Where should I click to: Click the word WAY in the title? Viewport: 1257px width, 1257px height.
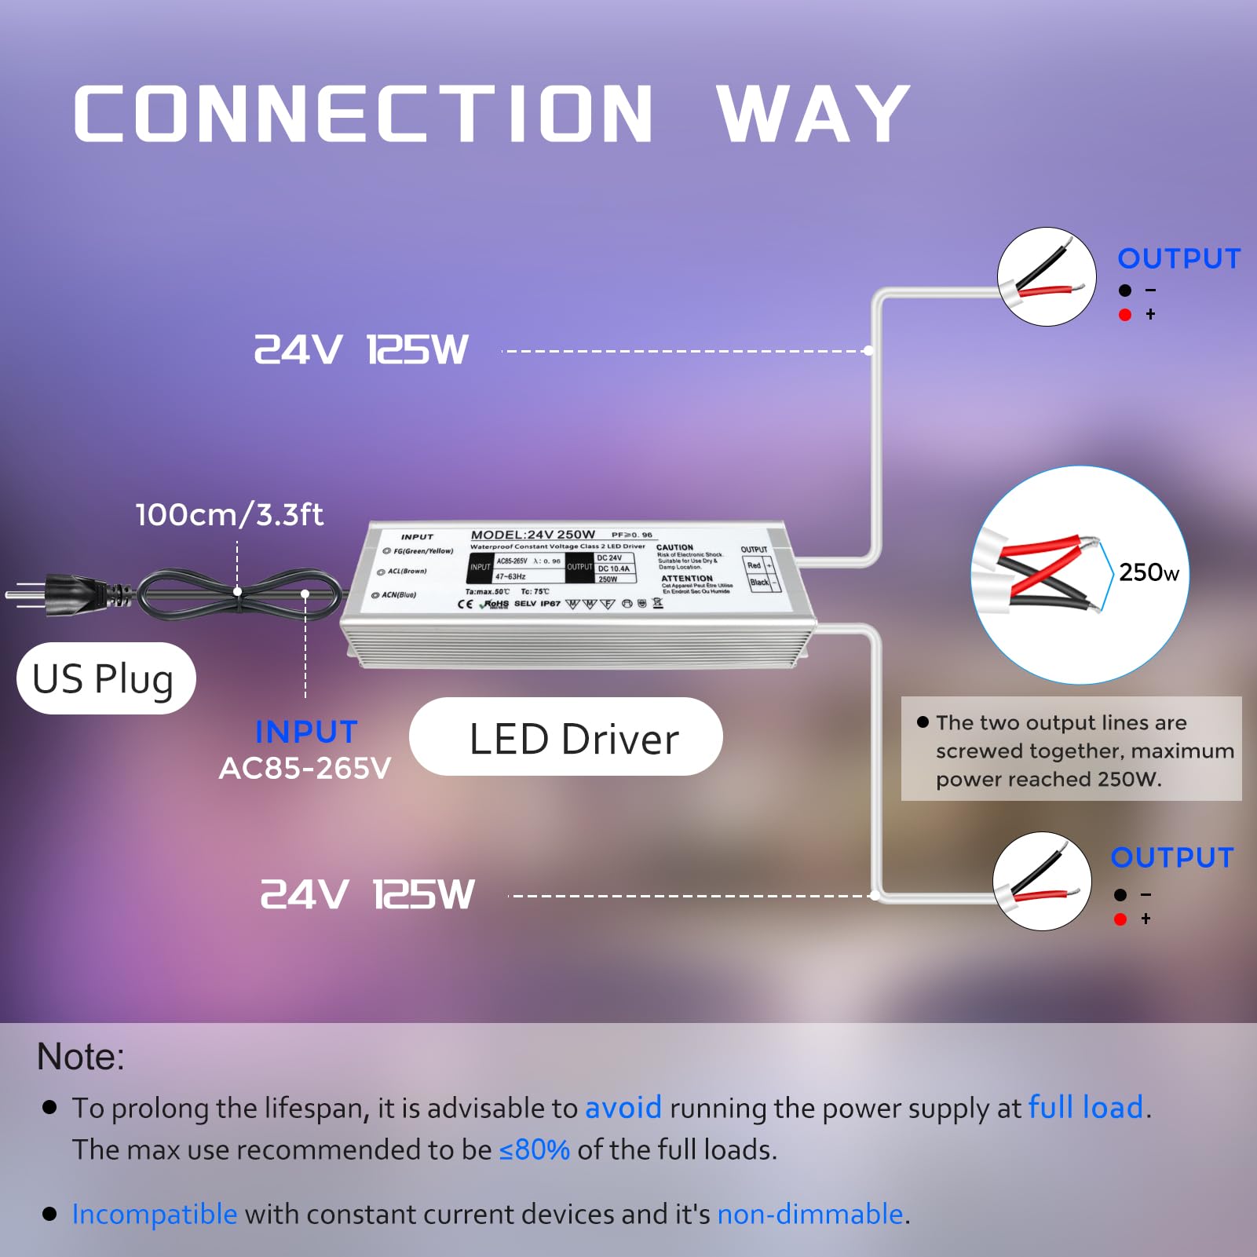[x=813, y=115]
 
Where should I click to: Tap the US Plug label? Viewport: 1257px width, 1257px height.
[x=104, y=679]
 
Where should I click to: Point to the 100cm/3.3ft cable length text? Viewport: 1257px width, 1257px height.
[x=229, y=515]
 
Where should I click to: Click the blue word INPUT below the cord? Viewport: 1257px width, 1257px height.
[x=306, y=732]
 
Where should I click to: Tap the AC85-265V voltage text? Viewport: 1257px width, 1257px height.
[x=305, y=769]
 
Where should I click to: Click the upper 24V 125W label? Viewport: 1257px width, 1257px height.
[x=361, y=350]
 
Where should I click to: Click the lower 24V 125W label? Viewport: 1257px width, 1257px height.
[x=367, y=895]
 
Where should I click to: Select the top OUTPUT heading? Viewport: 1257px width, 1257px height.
[x=1178, y=258]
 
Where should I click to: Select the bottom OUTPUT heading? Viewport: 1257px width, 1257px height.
[x=1172, y=857]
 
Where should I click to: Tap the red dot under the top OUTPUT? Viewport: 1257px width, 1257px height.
[x=1125, y=315]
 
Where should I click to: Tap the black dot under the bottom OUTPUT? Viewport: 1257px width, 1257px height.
[x=1120, y=895]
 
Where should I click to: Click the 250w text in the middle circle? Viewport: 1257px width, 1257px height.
[x=1149, y=572]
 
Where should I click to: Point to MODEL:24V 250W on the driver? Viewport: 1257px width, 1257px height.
[x=533, y=535]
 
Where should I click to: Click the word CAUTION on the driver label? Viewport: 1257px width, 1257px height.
[x=674, y=547]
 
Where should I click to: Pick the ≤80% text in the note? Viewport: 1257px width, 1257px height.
[x=535, y=1149]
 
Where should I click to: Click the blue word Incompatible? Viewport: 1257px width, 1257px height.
[x=155, y=1214]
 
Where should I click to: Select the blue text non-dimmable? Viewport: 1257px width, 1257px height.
[x=810, y=1214]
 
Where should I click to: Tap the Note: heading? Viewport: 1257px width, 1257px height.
[x=81, y=1057]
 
